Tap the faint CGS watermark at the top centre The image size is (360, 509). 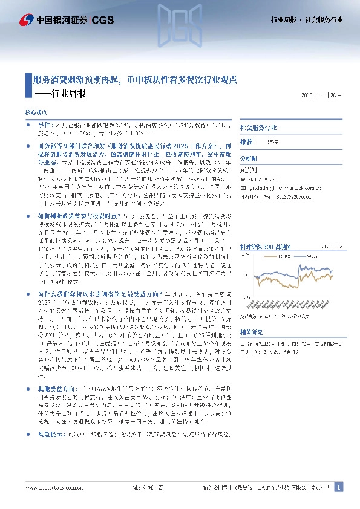click(x=180, y=21)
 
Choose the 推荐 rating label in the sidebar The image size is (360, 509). click(x=246, y=141)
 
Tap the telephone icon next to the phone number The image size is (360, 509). click(x=242, y=181)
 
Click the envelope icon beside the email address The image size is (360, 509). click(x=242, y=188)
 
